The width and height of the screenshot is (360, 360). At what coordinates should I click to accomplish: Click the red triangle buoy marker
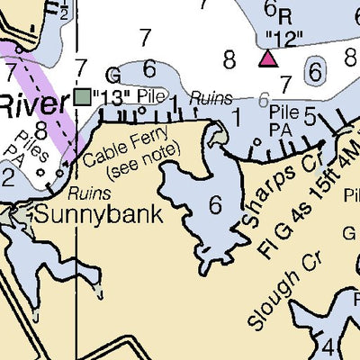click(x=267, y=58)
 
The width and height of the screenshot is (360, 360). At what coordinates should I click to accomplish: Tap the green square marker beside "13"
click(x=84, y=95)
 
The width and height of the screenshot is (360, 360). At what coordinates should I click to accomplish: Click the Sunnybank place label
click(x=98, y=215)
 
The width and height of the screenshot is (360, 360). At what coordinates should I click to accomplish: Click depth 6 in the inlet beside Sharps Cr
click(x=215, y=204)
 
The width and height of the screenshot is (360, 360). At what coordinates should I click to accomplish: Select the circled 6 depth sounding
click(x=315, y=69)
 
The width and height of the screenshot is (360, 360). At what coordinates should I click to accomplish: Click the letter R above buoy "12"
click(x=285, y=16)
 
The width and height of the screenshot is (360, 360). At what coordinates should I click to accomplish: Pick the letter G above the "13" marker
click(x=112, y=76)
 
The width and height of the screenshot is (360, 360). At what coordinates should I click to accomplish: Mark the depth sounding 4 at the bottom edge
click(x=328, y=347)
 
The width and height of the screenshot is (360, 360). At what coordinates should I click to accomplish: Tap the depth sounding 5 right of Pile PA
click(x=310, y=114)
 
